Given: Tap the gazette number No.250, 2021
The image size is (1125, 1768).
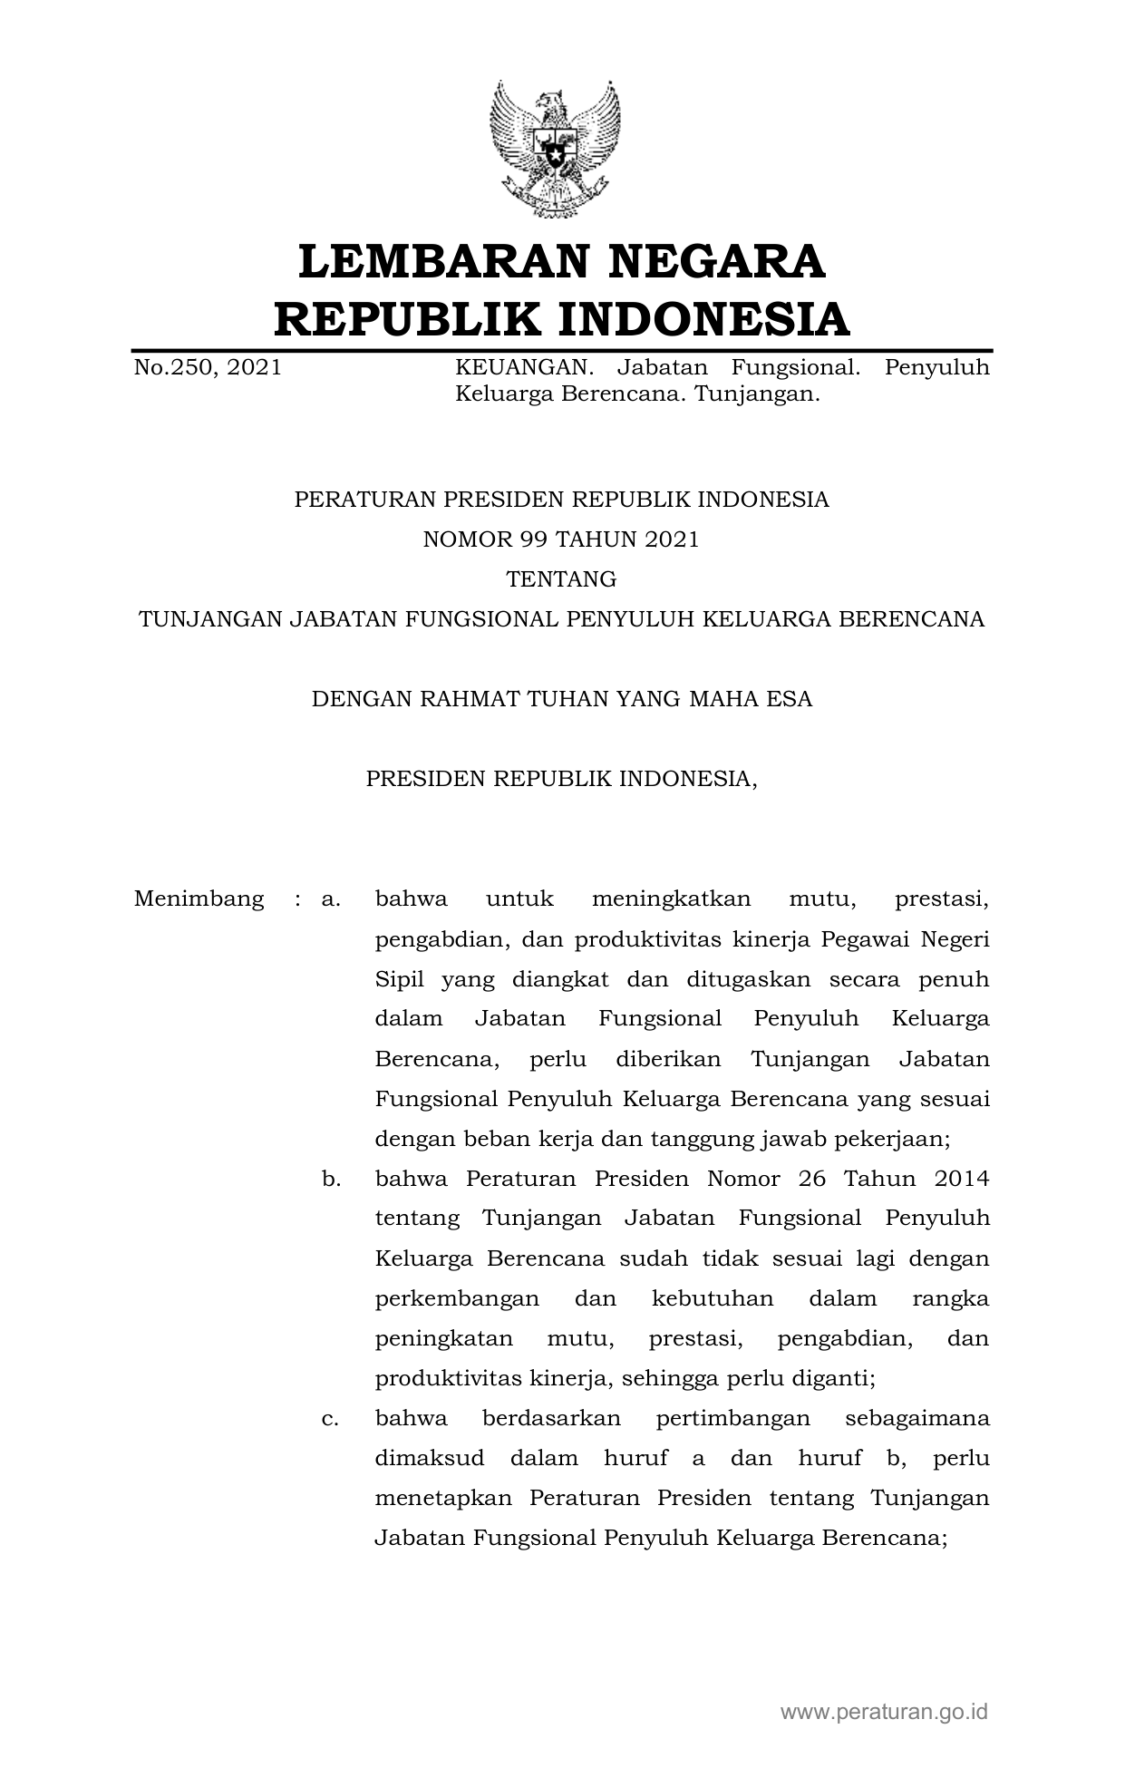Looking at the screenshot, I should (x=208, y=367).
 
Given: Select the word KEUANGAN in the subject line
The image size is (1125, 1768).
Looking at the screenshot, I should (x=523, y=367).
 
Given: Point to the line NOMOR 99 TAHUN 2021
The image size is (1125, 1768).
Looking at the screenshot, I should (x=561, y=539).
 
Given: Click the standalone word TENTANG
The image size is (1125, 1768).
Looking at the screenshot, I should (x=561, y=579).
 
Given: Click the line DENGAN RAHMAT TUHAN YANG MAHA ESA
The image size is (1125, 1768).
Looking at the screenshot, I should (x=561, y=699).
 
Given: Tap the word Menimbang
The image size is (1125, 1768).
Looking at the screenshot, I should (x=199, y=899).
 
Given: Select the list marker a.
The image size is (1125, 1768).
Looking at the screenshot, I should (x=330, y=899).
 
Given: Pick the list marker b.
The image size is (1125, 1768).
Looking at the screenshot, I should (x=330, y=1179).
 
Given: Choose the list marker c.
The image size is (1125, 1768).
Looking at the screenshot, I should (x=330, y=1418).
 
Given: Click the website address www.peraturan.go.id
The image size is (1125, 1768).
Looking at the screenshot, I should (x=884, y=1712).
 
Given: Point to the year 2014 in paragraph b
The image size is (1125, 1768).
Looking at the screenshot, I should (x=961, y=1179).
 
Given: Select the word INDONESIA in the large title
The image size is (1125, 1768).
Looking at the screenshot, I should (x=702, y=319).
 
